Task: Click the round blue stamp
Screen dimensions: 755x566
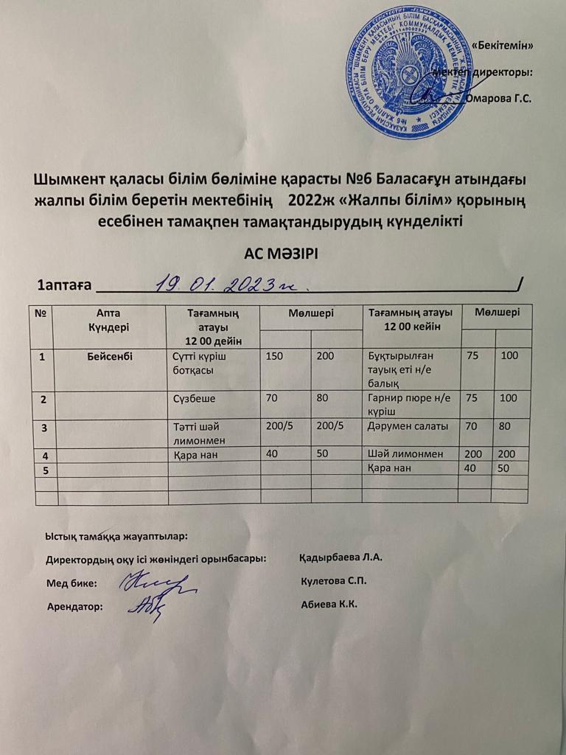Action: pos(405,74)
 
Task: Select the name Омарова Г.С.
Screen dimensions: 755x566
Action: pos(499,97)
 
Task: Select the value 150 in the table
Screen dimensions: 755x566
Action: pos(275,356)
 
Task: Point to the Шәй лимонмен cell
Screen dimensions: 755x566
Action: pos(405,454)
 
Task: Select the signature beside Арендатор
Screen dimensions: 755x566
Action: pos(147,607)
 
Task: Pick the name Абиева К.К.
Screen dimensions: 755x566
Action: pos(329,605)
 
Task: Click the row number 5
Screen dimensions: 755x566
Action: pos(43,469)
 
